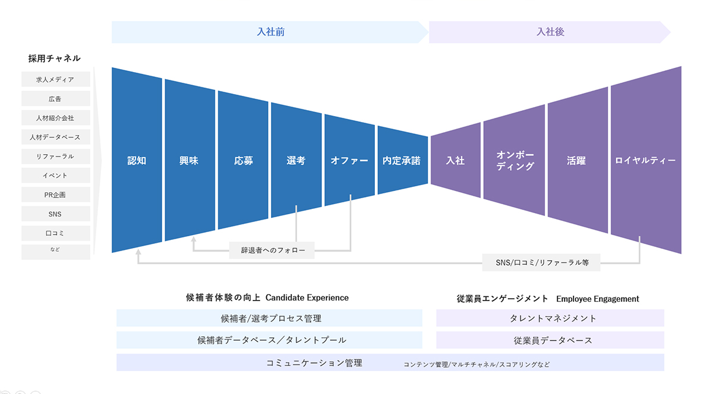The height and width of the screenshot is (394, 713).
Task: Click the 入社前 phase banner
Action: (x=270, y=32)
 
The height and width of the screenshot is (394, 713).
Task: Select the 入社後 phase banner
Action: (x=550, y=32)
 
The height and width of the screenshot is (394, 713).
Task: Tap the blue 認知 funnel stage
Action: (x=137, y=161)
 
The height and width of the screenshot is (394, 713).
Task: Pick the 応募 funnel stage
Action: (x=243, y=161)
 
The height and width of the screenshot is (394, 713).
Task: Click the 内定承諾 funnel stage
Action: (x=402, y=161)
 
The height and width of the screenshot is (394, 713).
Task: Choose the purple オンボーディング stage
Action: (x=515, y=161)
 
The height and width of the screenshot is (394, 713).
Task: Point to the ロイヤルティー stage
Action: (x=645, y=161)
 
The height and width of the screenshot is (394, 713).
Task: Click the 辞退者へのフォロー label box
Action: (x=272, y=251)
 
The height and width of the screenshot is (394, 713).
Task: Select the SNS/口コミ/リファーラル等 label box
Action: (x=542, y=262)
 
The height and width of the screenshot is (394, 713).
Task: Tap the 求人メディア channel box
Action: (x=55, y=79)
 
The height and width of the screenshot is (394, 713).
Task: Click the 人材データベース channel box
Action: (x=55, y=137)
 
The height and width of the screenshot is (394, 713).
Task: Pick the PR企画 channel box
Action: (x=55, y=195)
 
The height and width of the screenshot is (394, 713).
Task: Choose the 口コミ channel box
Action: (x=55, y=233)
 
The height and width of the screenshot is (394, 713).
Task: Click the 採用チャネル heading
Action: (x=54, y=58)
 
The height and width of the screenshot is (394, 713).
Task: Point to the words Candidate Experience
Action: (x=307, y=298)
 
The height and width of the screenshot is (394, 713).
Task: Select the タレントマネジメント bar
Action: (x=550, y=318)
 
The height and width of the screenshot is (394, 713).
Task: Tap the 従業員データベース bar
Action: (x=550, y=340)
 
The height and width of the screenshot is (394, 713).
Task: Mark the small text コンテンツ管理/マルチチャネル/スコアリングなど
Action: (x=477, y=364)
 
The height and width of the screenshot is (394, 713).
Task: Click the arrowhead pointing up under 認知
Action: (x=138, y=252)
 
